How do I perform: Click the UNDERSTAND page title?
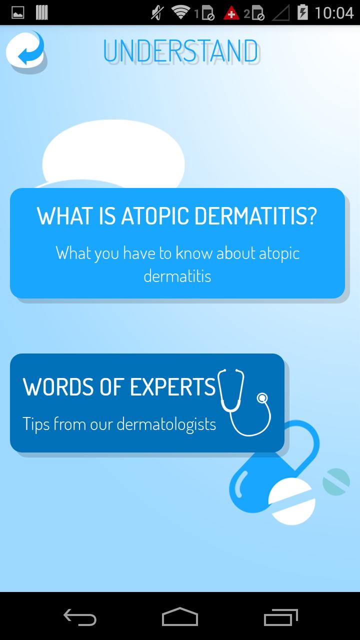(x=181, y=51)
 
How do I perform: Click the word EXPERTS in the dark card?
(x=172, y=387)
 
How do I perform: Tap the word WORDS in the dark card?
(x=59, y=387)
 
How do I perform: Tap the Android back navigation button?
(x=80, y=617)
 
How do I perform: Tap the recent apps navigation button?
(x=281, y=617)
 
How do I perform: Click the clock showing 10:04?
(x=334, y=13)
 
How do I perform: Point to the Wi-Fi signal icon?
(x=180, y=12)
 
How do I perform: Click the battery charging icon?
(x=302, y=12)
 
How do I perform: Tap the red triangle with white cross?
(x=231, y=13)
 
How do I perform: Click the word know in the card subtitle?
(x=194, y=253)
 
